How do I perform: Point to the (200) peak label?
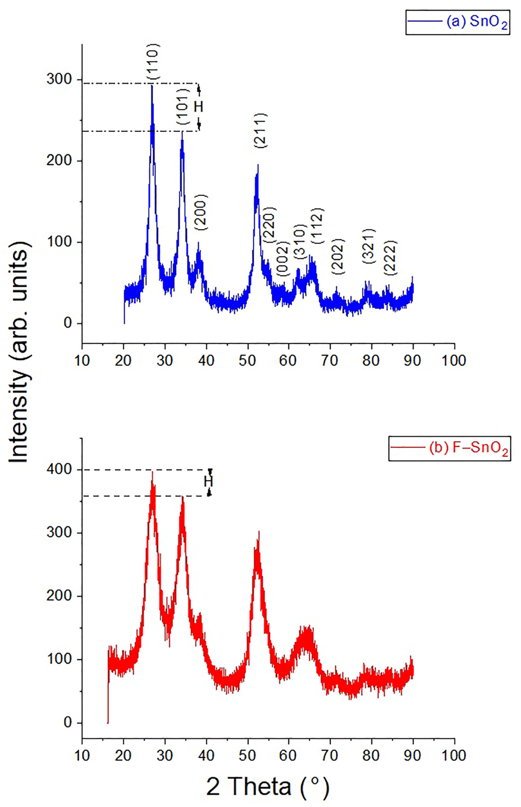(x=201, y=212)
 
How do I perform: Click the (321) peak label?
(x=369, y=246)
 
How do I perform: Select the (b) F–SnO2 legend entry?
(x=449, y=448)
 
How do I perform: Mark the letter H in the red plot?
(x=208, y=481)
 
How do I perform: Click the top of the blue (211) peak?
(x=258, y=165)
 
